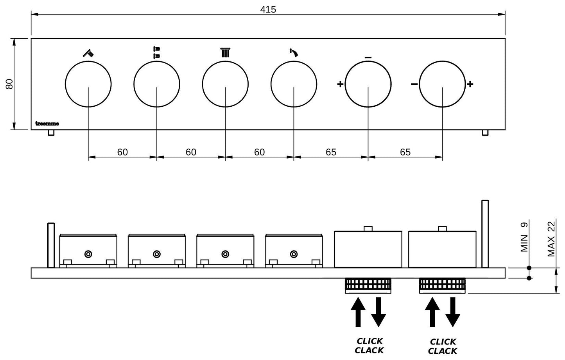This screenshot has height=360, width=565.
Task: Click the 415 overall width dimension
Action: point(268,9)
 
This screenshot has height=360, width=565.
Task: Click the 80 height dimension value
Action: point(9,84)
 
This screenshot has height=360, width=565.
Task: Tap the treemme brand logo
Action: point(47,124)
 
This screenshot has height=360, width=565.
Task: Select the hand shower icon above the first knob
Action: point(88,53)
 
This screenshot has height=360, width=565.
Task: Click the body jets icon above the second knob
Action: point(157,52)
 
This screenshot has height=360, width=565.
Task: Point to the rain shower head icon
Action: point(225,52)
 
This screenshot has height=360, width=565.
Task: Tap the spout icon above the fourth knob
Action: point(293,52)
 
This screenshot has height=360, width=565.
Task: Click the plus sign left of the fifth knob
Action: point(340,84)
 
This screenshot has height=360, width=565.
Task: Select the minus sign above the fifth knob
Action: point(368,58)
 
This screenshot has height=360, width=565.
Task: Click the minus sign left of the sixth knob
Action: point(414,84)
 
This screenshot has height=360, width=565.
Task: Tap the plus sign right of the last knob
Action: point(470,84)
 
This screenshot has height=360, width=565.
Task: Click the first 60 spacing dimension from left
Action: point(122,152)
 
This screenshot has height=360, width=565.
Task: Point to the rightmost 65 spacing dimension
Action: point(405,152)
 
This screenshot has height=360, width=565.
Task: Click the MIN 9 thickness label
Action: point(525,236)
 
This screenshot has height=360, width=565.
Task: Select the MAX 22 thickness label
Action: point(551,239)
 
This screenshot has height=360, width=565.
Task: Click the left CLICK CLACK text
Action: point(369,346)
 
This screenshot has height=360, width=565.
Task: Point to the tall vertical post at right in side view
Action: point(485,234)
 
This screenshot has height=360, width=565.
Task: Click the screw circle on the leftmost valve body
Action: point(88,254)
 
